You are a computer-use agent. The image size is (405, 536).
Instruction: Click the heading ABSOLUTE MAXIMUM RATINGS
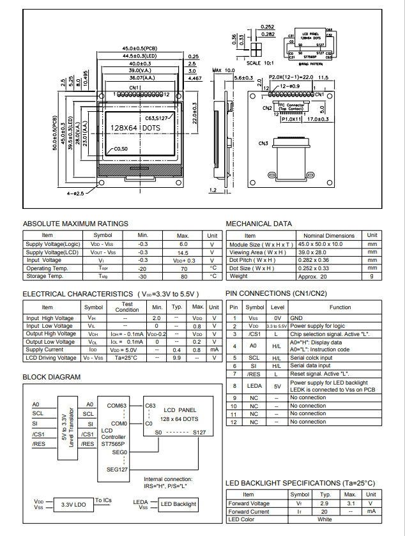tap(75, 224)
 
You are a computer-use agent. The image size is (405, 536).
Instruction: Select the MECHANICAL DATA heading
tap(259, 224)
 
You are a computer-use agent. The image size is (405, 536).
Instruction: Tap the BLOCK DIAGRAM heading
tap(52, 377)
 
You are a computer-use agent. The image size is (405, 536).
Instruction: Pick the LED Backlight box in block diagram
tap(178, 504)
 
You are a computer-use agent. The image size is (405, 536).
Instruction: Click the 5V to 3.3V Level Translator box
tap(64, 425)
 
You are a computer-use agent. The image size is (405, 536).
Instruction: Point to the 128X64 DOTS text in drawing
tap(135, 128)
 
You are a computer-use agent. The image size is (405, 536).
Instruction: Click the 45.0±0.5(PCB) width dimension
tap(139, 49)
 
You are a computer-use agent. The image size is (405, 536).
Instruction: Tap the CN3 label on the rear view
tap(263, 143)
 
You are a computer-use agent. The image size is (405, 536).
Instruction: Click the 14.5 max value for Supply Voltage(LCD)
tap(183, 252)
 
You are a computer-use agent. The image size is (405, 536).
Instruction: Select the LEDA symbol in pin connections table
tap(254, 386)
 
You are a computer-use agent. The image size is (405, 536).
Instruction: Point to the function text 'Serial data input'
tap(310, 365)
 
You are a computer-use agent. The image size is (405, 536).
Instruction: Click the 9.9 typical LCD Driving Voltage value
tap(177, 357)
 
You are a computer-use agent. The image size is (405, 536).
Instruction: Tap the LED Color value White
tap(325, 519)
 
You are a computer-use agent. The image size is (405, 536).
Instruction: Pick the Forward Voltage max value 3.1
tap(349, 503)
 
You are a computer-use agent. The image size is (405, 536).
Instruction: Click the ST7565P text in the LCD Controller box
tap(113, 443)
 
